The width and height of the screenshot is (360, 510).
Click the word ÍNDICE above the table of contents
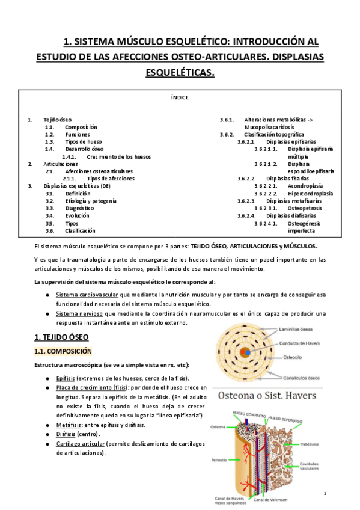pyautogui.click(x=180, y=96)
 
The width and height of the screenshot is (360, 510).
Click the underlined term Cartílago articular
pyautogui.click(x=80, y=444)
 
